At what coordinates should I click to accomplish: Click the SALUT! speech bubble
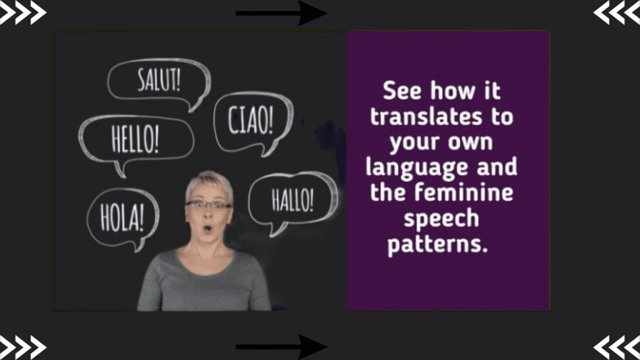tap(159, 82)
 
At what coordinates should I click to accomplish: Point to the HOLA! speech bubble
tap(122, 216)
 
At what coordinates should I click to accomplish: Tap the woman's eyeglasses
tap(208, 205)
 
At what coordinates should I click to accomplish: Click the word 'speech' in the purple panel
tap(441, 218)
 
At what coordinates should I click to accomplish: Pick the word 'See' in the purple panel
tap(402, 91)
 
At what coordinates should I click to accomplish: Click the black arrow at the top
tap(281, 13)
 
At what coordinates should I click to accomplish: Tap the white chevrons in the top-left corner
tap(23, 12)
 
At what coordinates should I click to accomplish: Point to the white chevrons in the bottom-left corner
tap(23, 347)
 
